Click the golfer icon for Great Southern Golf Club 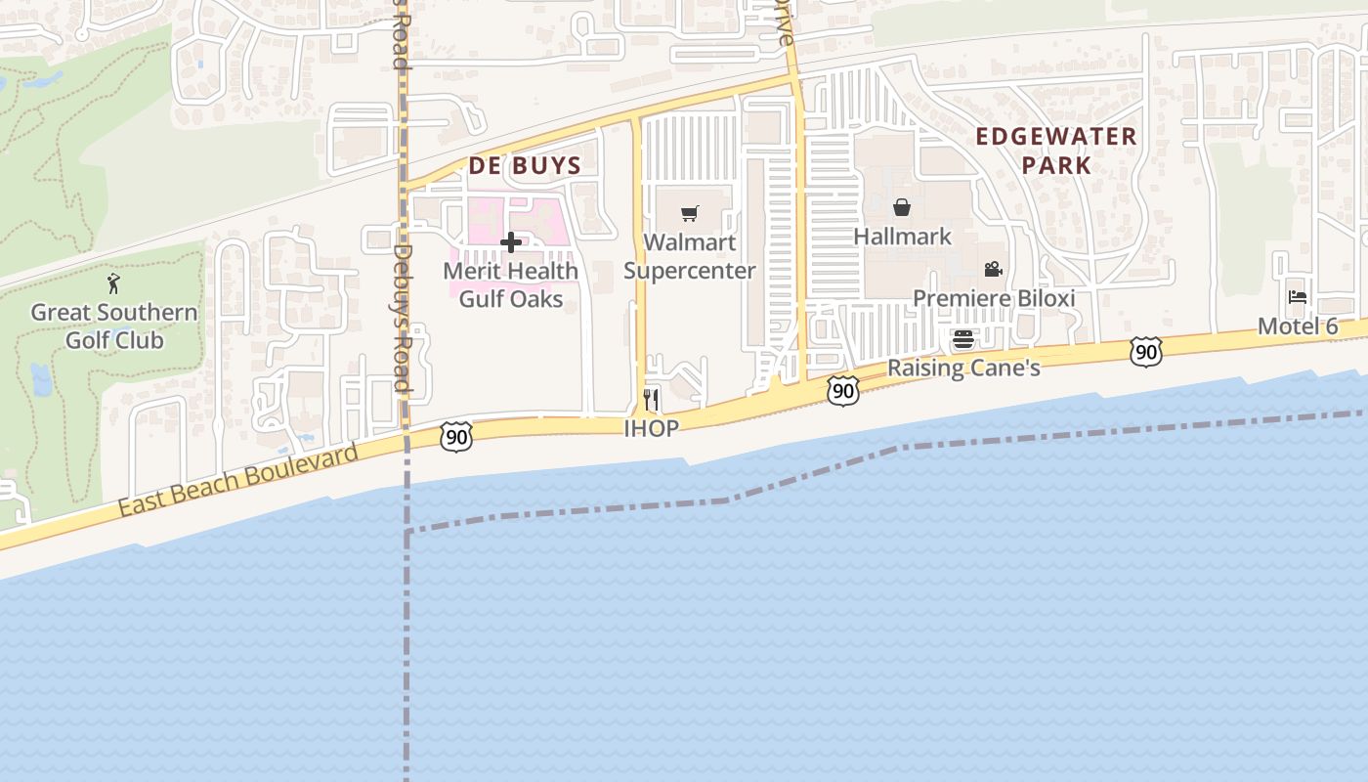tap(113, 283)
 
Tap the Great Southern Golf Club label tap(114, 326)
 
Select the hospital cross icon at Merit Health tap(510, 242)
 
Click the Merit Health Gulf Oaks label tap(511, 284)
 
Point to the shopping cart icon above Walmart tap(690, 213)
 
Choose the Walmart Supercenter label tap(690, 256)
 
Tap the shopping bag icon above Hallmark tap(902, 207)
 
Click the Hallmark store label tap(902, 237)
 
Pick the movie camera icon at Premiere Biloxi tap(994, 269)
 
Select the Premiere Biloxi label tap(994, 298)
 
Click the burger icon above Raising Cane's tap(963, 339)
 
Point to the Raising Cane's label tap(963, 369)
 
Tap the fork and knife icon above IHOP tap(652, 399)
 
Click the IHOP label tap(652, 428)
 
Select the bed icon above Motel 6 tap(1298, 296)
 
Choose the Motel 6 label tap(1298, 326)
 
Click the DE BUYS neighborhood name tap(525, 165)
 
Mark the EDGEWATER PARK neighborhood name tap(1056, 150)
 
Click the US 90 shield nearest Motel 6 tap(1146, 352)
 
